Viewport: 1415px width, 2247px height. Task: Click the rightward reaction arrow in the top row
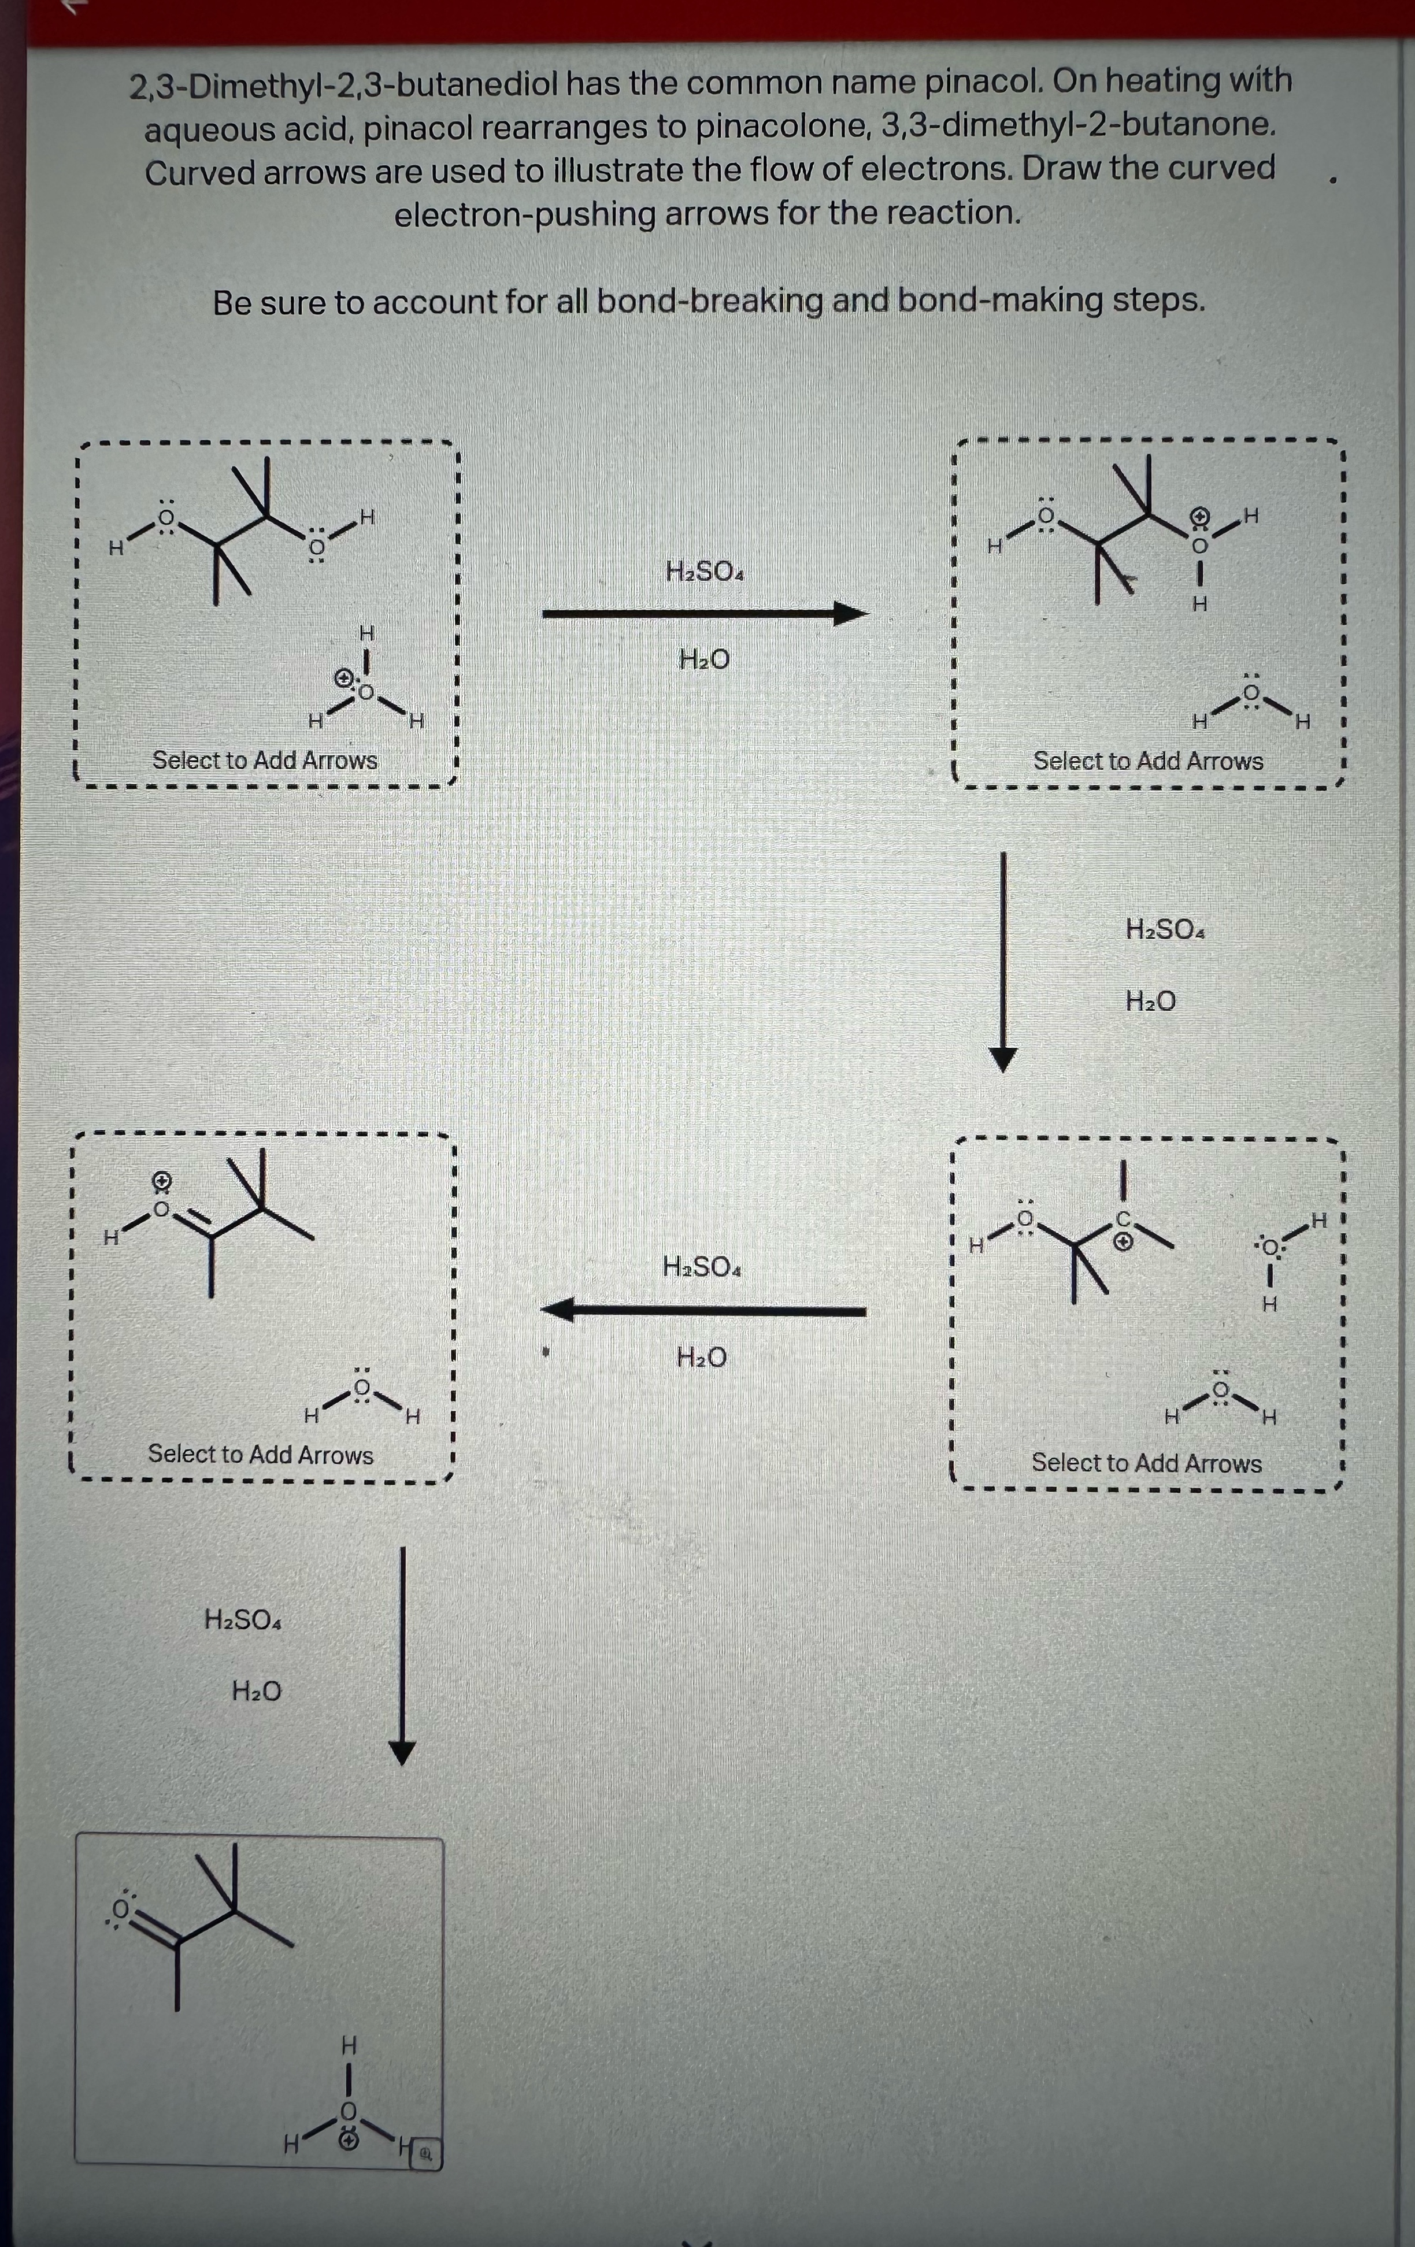point(705,614)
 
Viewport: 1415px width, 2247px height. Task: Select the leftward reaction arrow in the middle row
point(703,1311)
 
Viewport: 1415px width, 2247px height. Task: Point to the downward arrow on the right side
point(1002,961)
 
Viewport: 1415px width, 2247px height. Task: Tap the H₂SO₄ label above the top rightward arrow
point(705,570)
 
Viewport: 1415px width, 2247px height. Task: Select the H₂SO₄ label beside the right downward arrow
point(1165,929)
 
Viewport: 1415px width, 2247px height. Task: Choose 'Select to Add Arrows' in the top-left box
point(265,761)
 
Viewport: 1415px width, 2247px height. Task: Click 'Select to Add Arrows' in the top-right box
point(1148,762)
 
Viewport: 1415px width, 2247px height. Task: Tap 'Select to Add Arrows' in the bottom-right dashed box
point(1146,1463)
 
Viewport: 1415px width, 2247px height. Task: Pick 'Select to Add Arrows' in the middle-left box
point(261,1455)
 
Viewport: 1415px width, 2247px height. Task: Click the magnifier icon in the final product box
point(425,2155)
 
